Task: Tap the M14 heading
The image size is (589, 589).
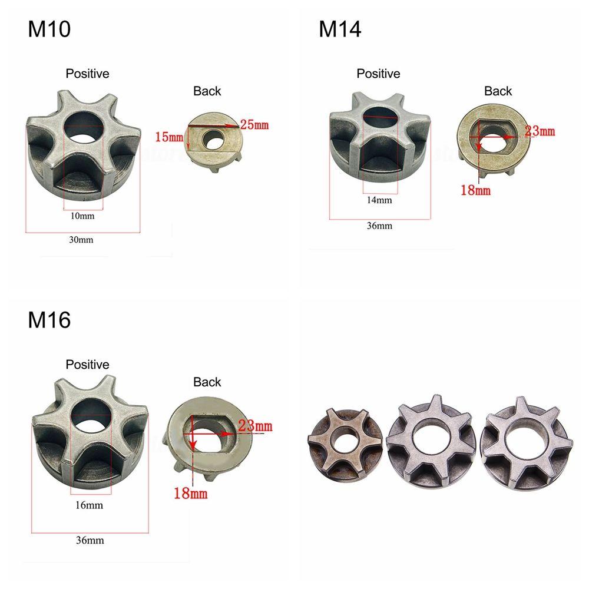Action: (x=340, y=29)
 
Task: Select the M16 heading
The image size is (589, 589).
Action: (x=49, y=320)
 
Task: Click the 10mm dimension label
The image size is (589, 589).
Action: (x=82, y=216)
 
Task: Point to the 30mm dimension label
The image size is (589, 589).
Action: (x=81, y=240)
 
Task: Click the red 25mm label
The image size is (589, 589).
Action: (x=254, y=124)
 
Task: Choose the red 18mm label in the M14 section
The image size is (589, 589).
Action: (x=476, y=190)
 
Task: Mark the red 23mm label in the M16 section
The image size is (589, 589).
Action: (x=256, y=425)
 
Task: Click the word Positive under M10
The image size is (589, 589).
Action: (x=87, y=74)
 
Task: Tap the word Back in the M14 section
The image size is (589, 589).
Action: (x=498, y=91)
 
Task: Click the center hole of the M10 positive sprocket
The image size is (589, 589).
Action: (x=82, y=125)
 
